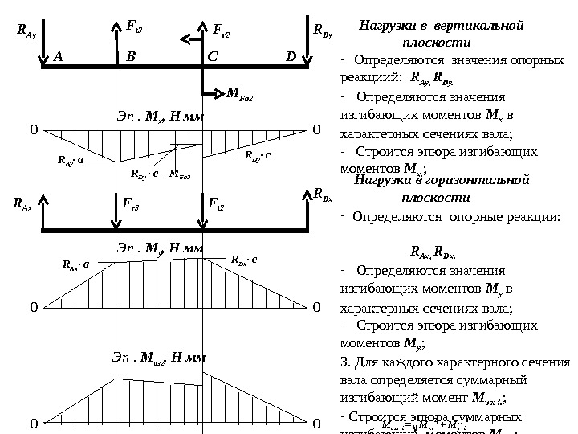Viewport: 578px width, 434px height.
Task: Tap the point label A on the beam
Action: (58, 57)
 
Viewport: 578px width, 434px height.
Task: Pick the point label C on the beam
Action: (213, 57)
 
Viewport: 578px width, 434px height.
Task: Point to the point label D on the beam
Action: (291, 57)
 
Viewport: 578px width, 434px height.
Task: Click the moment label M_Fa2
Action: (240, 97)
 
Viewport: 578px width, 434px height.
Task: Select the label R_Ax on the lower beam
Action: (22, 205)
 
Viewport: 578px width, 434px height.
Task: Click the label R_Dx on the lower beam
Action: (324, 194)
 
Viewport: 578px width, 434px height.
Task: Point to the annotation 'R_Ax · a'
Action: (78, 263)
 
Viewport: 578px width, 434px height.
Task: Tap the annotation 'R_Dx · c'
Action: (244, 260)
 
